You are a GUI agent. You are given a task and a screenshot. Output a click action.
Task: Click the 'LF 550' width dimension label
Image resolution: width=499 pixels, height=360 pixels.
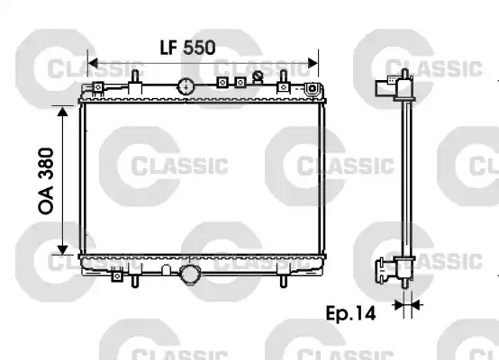[x=186, y=49]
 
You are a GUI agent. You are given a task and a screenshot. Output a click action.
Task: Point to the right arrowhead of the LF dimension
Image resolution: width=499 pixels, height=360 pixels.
[x=314, y=63]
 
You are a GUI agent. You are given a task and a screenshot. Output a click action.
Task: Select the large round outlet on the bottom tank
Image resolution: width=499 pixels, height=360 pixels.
[x=191, y=274]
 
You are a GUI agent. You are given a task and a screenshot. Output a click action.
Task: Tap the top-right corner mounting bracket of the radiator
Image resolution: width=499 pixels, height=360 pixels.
[x=313, y=89]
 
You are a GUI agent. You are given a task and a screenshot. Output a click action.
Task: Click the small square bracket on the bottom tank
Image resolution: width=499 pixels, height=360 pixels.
[x=117, y=277]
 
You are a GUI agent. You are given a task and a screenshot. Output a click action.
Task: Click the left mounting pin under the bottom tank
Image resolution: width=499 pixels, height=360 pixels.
[x=135, y=280]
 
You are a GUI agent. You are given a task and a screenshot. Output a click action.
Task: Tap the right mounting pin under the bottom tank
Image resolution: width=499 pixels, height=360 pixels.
[x=284, y=280]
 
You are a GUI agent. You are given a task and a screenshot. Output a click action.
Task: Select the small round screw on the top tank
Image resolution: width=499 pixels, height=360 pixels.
[x=258, y=76]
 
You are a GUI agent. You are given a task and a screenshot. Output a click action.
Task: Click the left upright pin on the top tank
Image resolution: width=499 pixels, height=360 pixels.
[x=133, y=77]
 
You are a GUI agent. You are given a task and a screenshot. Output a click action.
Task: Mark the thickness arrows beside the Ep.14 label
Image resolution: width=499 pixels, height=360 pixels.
[x=407, y=306]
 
